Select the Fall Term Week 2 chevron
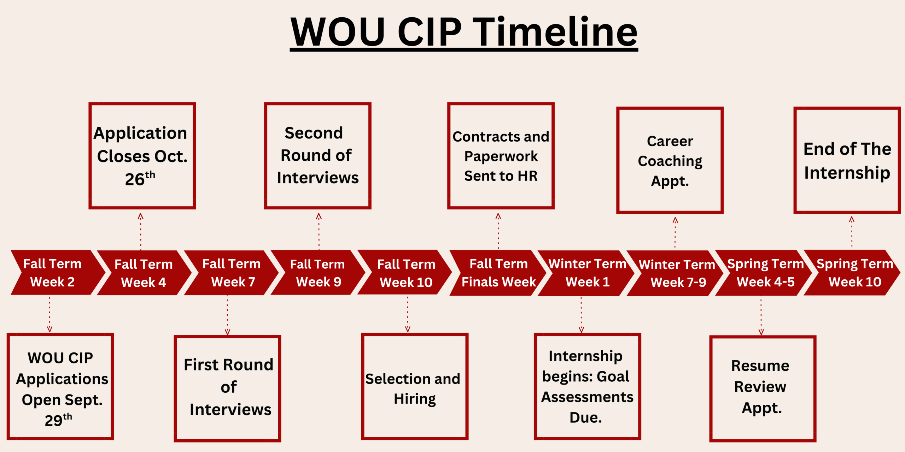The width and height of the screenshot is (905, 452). [x=53, y=273]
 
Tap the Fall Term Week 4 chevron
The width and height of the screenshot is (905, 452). [x=143, y=273]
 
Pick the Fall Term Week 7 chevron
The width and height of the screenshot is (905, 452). [x=232, y=273]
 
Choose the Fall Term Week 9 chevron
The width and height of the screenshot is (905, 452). [x=317, y=273]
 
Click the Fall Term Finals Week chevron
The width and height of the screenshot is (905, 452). [x=498, y=273]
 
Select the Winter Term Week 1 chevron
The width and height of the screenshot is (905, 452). [x=587, y=273]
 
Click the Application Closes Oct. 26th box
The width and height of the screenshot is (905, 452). [x=142, y=156]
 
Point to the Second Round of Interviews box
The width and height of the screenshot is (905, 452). [x=317, y=156]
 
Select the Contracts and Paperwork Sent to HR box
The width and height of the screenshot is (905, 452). [x=501, y=156]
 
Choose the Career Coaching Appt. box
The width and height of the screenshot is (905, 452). [x=670, y=160]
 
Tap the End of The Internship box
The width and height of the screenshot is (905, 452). [x=847, y=160]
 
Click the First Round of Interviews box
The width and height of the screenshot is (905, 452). [x=227, y=388]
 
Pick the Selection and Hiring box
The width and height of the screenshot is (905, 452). [x=414, y=387]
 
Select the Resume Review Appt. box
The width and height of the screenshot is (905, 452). [x=763, y=388]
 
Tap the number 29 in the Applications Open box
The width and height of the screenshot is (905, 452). [x=53, y=421]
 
